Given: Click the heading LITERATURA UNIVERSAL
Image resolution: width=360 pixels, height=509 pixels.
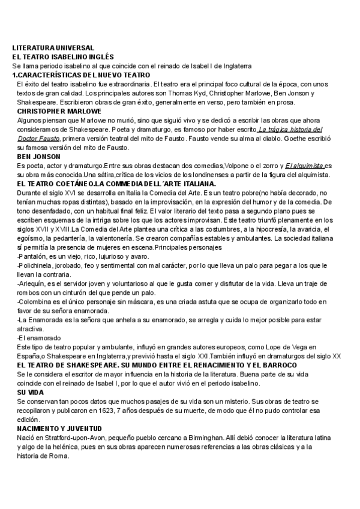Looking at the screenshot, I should coord(53,47).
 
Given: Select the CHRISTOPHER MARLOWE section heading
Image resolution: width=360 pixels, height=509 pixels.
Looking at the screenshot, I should coord(59,112).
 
